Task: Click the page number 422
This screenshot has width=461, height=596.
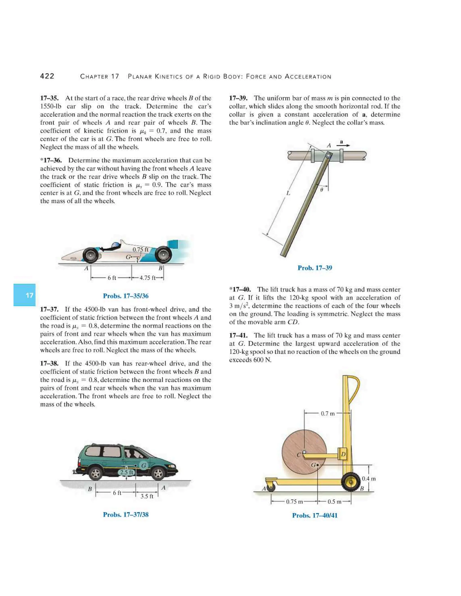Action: click(47, 76)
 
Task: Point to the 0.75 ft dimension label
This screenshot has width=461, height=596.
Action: click(140, 249)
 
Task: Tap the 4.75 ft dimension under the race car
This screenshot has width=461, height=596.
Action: click(147, 278)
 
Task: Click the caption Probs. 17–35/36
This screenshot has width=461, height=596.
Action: click(126, 296)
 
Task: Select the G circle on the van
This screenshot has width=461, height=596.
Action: click(144, 465)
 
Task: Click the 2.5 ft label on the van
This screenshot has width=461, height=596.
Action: click(127, 472)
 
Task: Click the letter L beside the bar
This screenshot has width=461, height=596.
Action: click(288, 193)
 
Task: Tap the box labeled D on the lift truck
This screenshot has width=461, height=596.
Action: click(343, 454)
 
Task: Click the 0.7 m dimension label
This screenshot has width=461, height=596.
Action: click(328, 413)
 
